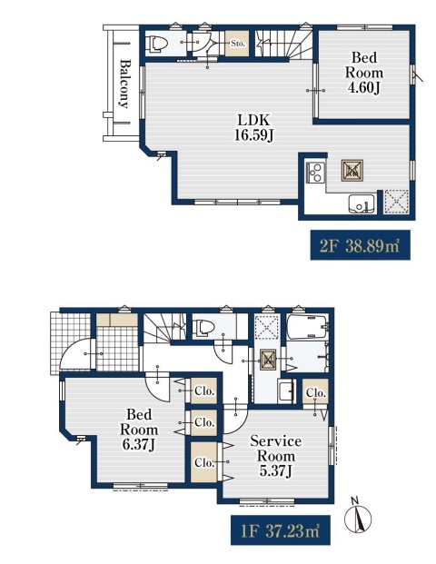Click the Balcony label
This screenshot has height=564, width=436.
coord(124,84)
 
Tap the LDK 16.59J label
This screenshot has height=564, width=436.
coord(253,127)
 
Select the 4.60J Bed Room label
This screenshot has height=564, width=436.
coord(364,73)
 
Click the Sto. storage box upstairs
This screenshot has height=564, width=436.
coord(237,44)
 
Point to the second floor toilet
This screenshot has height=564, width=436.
coord(157,44)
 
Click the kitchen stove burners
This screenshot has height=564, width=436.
coord(315,173)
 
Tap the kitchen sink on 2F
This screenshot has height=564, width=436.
coord(362,204)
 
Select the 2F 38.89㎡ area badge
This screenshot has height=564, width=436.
coord(360,245)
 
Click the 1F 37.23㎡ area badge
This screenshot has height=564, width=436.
coord(281,530)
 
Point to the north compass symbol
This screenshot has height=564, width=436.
coord(358,516)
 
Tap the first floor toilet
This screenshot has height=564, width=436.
coord(203,328)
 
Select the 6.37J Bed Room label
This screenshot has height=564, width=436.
coord(139,430)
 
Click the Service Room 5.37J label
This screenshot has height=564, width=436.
coord(275,456)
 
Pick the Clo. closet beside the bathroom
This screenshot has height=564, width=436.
coord(315,392)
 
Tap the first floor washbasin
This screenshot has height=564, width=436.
coord(286,391)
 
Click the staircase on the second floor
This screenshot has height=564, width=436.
coord(283,44)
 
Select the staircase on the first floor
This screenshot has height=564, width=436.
coord(164,327)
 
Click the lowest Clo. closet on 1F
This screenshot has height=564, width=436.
coord(204,462)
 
